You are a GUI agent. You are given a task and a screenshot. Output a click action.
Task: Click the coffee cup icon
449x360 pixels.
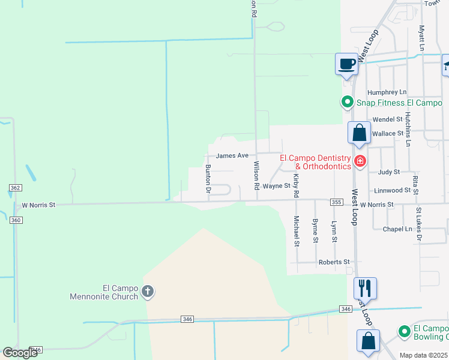click(x=346, y=64)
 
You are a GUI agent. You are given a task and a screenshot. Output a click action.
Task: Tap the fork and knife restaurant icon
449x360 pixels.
click(x=365, y=288)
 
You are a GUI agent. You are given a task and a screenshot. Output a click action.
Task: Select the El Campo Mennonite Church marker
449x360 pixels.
click(x=148, y=293)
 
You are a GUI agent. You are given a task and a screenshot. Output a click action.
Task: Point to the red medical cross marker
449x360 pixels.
click(x=360, y=160)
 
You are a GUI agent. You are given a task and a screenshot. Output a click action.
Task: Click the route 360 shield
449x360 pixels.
click(x=16, y=220)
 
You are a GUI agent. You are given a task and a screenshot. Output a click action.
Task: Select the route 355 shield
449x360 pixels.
click(x=336, y=203)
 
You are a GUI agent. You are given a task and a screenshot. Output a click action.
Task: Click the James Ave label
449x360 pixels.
click(x=232, y=155)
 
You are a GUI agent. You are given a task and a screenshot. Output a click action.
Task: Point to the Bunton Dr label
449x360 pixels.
click(x=208, y=178)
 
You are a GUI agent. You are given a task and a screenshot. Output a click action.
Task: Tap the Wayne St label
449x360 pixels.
click(x=277, y=186)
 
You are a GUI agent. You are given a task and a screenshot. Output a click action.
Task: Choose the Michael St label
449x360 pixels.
click(x=296, y=232)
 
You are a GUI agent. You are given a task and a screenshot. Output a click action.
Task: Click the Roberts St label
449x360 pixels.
click(x=334, y=262)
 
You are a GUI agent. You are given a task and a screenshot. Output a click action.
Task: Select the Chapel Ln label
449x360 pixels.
click(x=400, y=229)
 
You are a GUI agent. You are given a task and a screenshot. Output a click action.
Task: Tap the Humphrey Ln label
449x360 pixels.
click(x=387, y=92)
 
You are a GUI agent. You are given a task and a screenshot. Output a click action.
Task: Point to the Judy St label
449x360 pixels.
click(x=389, y=172)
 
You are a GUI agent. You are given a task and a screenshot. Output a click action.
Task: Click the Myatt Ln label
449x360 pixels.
click(x=422, y=37)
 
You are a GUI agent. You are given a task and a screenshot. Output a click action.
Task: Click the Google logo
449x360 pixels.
click(x=20, y=353)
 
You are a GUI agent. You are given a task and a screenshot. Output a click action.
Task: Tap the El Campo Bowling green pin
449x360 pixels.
click(x=405, y=331)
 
